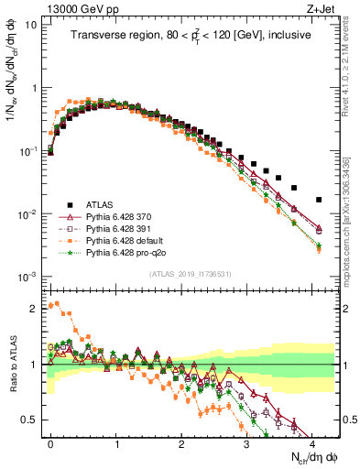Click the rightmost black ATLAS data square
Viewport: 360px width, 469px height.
[319, 199]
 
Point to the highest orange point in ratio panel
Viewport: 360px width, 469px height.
[57, 303]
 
